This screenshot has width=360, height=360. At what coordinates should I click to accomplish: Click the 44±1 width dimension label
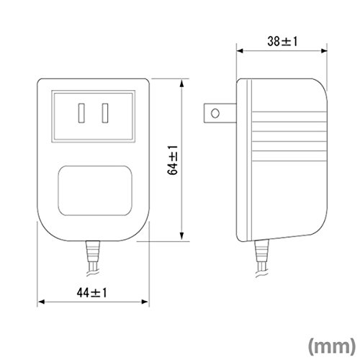point(91,293)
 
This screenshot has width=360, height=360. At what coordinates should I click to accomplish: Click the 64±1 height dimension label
point(173,160)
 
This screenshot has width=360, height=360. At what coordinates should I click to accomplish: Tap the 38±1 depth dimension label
point(282,41)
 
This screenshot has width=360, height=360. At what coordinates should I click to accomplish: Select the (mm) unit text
point(332,346)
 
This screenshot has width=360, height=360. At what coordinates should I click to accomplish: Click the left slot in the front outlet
point(81,113)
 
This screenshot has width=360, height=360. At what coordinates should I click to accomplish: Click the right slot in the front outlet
point(105,113)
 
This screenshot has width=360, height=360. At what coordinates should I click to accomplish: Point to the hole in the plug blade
point(215,113)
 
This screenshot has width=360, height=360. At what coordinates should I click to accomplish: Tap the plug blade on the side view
point(220,113)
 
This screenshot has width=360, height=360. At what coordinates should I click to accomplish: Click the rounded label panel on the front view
point(95,191)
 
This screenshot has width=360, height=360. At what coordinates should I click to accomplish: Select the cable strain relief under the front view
point(93,251)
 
